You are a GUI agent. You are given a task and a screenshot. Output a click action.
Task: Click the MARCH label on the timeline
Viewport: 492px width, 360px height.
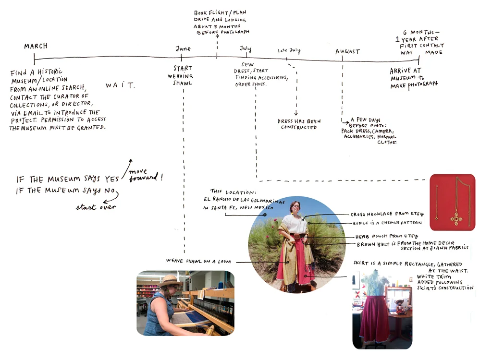[x=36, y=46]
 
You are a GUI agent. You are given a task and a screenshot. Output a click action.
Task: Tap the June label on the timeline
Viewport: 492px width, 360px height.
[x=183, y=48]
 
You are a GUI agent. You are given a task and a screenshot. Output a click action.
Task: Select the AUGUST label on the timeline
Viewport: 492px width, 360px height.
[x=347, y=51]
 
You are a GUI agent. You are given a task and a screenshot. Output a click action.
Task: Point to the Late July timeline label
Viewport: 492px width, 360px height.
[x=289, y=51]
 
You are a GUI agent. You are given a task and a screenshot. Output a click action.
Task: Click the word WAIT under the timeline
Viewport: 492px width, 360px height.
[x=120, y=85]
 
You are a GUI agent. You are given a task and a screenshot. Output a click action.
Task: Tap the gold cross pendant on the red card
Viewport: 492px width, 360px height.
[x=455, y=219]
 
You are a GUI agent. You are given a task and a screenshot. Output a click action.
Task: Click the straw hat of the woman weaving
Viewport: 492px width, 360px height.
[x=170, y=281]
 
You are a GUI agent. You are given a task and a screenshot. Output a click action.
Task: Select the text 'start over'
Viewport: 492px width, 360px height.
[x=96, y=207]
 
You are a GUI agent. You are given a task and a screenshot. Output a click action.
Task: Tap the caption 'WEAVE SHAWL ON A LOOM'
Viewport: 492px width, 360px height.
[x=198, y=262]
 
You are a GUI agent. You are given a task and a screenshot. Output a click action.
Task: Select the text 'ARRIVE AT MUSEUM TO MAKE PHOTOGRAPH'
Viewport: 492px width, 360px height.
[x=414, y=77]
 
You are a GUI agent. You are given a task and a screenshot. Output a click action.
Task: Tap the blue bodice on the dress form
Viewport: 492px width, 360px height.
[x=375, y=285]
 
